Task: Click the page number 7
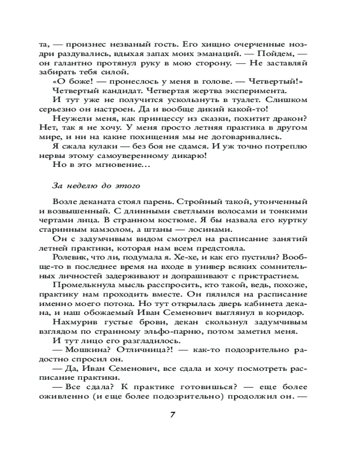[x=172, y=414]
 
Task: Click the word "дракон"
[x=283, y=118]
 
